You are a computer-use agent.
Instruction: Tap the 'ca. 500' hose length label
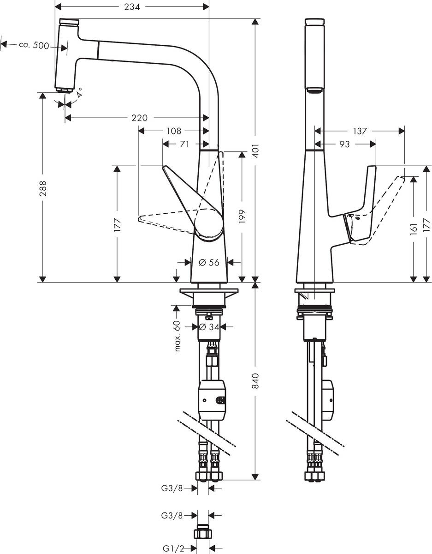[34, 45]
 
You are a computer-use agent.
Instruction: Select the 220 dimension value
[139, 118]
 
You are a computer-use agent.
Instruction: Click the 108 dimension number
[173, 131]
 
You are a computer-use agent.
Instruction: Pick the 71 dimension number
[184, 144]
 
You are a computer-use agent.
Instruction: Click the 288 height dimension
[43, 188]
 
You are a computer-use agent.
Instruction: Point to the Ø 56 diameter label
[209, 262]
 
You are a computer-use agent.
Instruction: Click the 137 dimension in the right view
[360, 131]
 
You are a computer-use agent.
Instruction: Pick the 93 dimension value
[344, 144]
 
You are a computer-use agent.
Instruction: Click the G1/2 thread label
[173, 548]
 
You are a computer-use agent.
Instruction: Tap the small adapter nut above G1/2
[203, 532]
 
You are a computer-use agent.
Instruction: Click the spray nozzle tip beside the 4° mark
[64, 90]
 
